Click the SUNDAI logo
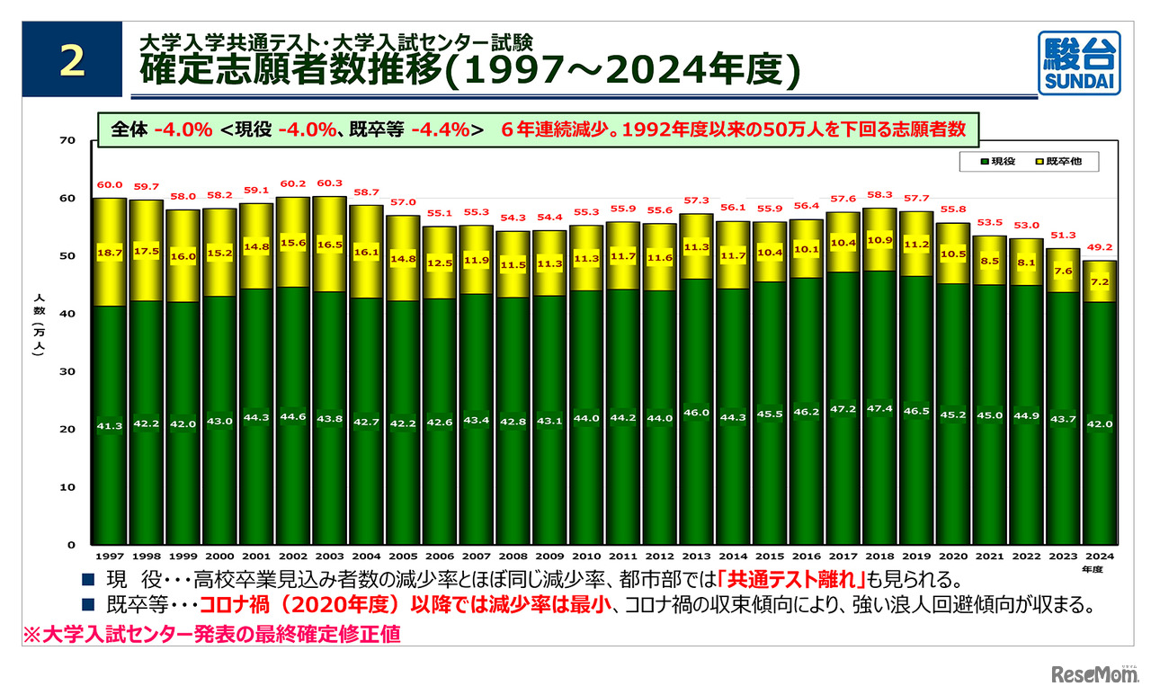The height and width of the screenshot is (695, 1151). (1079, 62)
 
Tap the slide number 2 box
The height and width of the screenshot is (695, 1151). (72, 59)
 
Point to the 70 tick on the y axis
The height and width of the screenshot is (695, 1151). (68, 140)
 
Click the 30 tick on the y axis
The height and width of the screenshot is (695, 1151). (68, 371)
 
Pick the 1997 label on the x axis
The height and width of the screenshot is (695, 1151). (109, 557)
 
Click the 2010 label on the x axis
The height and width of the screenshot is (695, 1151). (585, 557)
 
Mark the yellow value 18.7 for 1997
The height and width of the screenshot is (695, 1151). (109, 254)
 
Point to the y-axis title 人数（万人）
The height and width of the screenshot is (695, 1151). (36, 323)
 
